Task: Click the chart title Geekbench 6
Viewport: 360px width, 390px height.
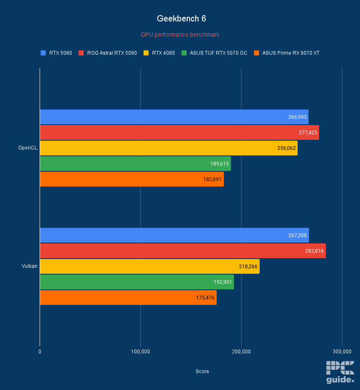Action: tap(181, 19)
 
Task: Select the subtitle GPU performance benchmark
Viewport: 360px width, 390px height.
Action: tap(180, 35)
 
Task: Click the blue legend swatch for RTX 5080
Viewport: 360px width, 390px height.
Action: tap(43, 53)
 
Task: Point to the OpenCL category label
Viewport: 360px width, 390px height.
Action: tap(28, 148)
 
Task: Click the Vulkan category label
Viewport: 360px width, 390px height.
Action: tap(30, 266)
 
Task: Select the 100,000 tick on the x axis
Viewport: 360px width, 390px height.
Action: tap(140, 351)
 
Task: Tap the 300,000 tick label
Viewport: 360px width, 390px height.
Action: tap(341, 351)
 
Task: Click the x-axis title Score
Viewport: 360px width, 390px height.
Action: tap(202, 371)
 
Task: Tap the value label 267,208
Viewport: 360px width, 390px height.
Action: tap(298, 235)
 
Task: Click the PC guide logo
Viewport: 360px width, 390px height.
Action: tap(340, 372)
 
